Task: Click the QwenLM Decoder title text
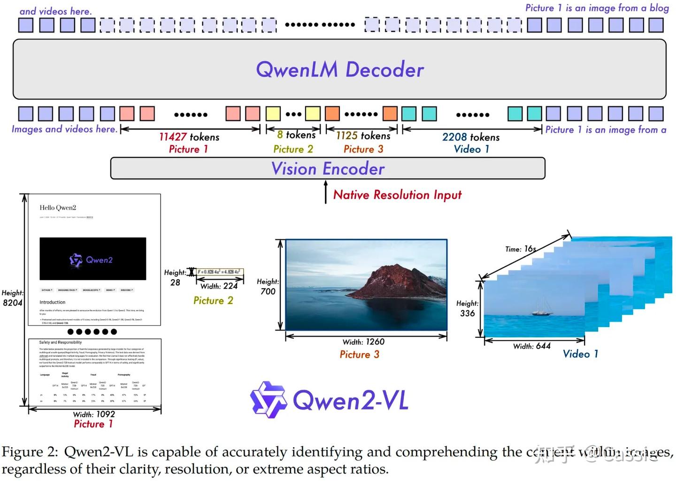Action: tap(339, 69)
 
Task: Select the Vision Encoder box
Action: tap(328, 168)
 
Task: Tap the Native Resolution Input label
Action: tap(397, 195)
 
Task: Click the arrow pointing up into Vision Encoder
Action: tap(326, 192)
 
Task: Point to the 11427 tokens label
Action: tap(189, 137)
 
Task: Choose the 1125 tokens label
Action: tap(363, 136)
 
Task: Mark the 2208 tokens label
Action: tap(470, 137)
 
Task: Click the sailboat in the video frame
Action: tap(544, 307)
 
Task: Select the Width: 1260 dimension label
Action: tap(363, 342)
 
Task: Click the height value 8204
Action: tap(12, 303)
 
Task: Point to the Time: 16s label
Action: tap(520, 249)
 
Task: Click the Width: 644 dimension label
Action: tap(531, 346)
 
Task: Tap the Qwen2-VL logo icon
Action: tap(268, 399)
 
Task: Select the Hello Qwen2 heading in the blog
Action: tap(58, 207)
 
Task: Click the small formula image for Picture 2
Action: tap(219, 272)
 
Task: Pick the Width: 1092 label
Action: tap(94, 414)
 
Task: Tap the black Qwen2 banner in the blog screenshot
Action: tap(93, 259)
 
